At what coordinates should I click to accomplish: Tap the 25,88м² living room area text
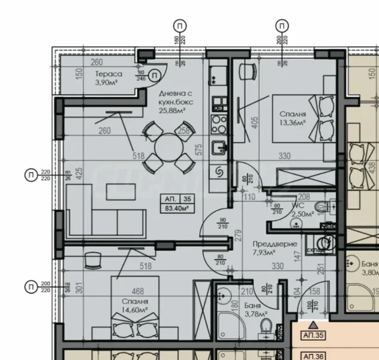(x=172, y=110)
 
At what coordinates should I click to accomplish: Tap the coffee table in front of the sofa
(x=120, y=192)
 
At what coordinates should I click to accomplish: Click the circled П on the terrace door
(x=155, y=74)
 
